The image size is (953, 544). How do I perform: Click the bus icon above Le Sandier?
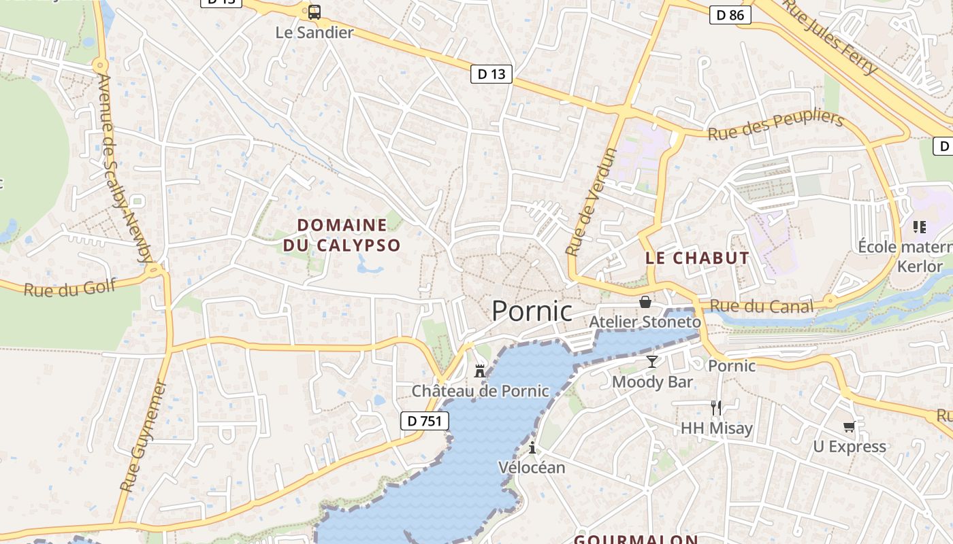pyautogui.click(x=314, y=12)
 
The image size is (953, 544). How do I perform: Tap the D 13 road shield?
pyautogui.click(x=491, y=74)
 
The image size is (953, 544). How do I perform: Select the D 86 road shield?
pyautogui.click(x=730, y=15)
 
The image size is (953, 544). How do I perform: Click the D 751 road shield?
pyautogui.click(x=425, y=421)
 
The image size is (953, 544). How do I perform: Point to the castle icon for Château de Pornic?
pyautogui.click(x=480, y=371)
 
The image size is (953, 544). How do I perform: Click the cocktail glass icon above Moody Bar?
pyautogui.click(x=652, y=361)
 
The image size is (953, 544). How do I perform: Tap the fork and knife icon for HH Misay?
pyautogui.click(x=716, y=407)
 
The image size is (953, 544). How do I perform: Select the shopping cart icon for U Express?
pyautogui.click(x=849, y=426)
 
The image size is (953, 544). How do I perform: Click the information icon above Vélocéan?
pyautogui.click(x=532, y=447)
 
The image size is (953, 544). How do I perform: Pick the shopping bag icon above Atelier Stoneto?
pyautogui.click(x=645, y=301)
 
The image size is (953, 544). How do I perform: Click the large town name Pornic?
pyautogui.click(x=532, y=311)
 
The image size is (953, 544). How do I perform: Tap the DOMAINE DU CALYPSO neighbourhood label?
pyautogui.click(x=342, y=235)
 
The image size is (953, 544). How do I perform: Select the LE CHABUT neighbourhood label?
pyautogui.click(x=697, y=258)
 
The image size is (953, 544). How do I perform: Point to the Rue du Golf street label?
pyautogui.click(x=70, y=287)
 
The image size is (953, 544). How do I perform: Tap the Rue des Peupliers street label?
pyautogui.click(x=775, y=124)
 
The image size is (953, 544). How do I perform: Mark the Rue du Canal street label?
pyautogui.click(x=761, y=306)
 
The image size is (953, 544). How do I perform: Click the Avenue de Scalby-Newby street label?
pyautogui.click(x=125, y=167)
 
